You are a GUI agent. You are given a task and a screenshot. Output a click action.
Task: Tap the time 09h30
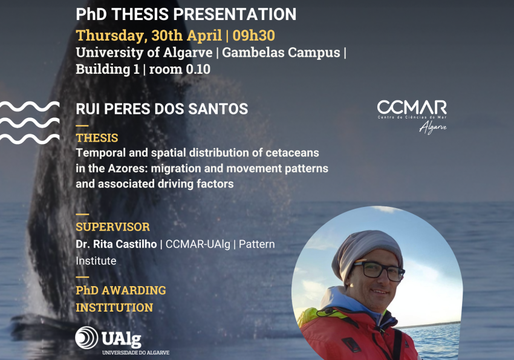pos(254,36)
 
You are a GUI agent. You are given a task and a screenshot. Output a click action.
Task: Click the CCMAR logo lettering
pos(412,107)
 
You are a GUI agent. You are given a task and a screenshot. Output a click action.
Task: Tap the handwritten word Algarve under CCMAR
pos(433,127)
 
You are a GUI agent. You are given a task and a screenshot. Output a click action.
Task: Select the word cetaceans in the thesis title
pos(292,153)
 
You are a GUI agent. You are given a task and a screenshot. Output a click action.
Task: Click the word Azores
pos(129,169)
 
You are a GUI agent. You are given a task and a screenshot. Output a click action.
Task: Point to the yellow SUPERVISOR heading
pos(112,227)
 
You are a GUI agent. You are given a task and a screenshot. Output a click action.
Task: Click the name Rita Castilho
pos(125,244)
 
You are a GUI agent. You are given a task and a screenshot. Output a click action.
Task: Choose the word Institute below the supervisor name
pos(96,261)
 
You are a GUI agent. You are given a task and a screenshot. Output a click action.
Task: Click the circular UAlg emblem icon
pos(86,338)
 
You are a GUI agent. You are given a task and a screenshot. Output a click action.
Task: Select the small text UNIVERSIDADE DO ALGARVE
pos(135,353)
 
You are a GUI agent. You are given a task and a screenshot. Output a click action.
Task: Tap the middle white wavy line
pos(30,123)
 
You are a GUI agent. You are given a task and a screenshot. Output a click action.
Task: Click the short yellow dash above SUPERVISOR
pos(82,214)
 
